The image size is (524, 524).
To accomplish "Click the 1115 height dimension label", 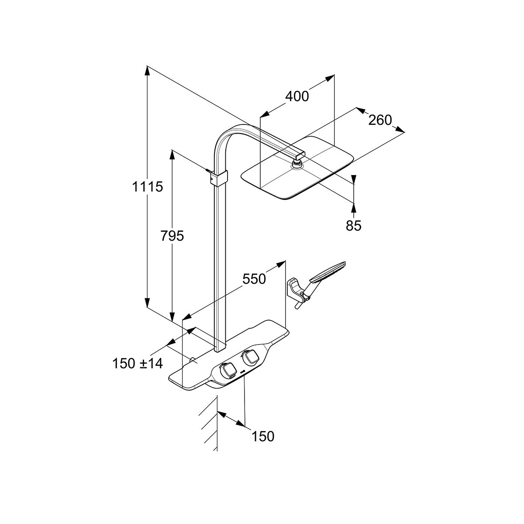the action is pyautogui.click(x=148, y=187).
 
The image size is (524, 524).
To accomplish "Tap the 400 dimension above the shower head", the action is pyautogui.click(x=297, y=96).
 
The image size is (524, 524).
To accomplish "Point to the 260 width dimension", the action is pyautogui.click(x=380, y=120).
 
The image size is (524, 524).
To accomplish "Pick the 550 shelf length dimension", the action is pyautogui.click(x=254, y=279).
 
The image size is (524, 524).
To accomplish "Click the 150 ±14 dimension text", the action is pyautogui.click(x=138, y=363).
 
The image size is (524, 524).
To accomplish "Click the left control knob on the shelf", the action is pyautogui.click(x=228, y=370).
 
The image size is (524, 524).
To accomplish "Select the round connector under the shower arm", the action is pyautogui.click(x=297, y=164).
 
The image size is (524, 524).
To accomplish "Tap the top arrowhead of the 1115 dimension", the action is pyautogui.click(x=147, y=71).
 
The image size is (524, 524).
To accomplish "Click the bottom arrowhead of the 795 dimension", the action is pyautogui.click(x=172, y=317).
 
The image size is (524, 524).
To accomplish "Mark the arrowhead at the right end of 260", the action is pyautogui.click(x=400, y=129).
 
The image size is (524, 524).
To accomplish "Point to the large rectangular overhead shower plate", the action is pyautogui.click(x=298, y=168).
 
